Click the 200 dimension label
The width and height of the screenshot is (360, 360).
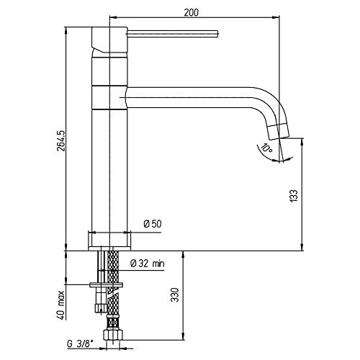point(192,12)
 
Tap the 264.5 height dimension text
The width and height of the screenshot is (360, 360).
point(61,141)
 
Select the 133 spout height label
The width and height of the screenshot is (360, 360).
point(294,195)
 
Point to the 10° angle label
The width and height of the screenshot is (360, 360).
point(266,148)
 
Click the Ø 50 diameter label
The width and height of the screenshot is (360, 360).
point(153,224)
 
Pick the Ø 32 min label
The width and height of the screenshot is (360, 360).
point(148,264)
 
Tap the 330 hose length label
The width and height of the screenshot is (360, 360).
point(176,294)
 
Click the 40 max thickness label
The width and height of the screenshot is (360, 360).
point(61,305)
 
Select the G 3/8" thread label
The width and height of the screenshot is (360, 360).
point(80,344)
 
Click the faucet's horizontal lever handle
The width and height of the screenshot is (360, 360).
point(172,34)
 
